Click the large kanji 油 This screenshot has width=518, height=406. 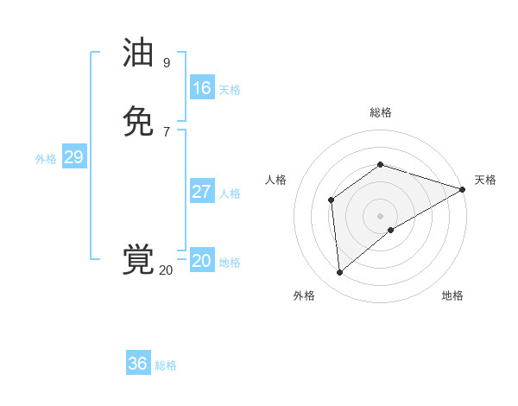pos(138,54)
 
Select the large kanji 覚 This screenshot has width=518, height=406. pos(138,260)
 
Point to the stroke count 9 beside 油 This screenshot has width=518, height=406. pos(167,63)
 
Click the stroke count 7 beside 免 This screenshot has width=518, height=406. pos(167,131)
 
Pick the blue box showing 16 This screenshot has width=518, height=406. pos(201,88)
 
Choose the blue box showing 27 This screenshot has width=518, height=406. pos(201,192)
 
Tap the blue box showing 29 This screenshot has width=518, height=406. pos(73,157)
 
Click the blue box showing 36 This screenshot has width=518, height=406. pos(137,364)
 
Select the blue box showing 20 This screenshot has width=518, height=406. pos(201,261)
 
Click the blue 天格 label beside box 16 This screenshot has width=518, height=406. pos(230,90)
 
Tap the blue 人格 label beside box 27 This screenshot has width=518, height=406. pos(230,193)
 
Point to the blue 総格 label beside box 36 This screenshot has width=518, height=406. pos(166,365)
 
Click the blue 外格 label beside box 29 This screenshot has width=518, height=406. pos(46,159)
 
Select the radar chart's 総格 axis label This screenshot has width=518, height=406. pos(380,112)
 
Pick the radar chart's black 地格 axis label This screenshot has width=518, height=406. pos(452,295)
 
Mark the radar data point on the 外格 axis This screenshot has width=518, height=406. pos(339,273)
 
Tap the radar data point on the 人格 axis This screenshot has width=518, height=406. pos(331,200)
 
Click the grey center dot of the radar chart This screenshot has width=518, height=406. pos(380,216)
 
